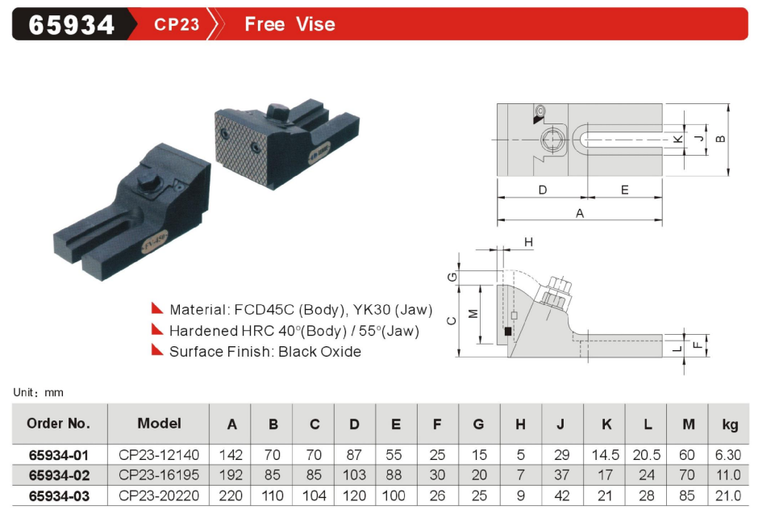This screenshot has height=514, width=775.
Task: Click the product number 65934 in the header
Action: pos(72,25)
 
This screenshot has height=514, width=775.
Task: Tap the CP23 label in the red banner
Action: pos(177,24)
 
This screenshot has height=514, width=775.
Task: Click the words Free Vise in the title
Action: pos(290,24)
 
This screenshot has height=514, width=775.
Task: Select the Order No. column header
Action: pos(59,424)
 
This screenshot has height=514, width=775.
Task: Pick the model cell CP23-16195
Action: pos(159,475)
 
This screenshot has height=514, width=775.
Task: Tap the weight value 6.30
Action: pos(728,455)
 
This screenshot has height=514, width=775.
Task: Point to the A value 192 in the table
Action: pos(232,475)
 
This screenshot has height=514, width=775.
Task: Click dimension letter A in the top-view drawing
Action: pos(579,213)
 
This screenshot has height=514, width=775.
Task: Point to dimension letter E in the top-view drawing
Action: pos(624,190)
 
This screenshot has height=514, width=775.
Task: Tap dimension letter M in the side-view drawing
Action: pos(473,314)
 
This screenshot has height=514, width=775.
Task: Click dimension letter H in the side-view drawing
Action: pos(529,242)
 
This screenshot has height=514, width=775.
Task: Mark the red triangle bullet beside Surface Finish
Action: pos(157,350)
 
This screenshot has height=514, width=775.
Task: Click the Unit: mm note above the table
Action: pos(38,392)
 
